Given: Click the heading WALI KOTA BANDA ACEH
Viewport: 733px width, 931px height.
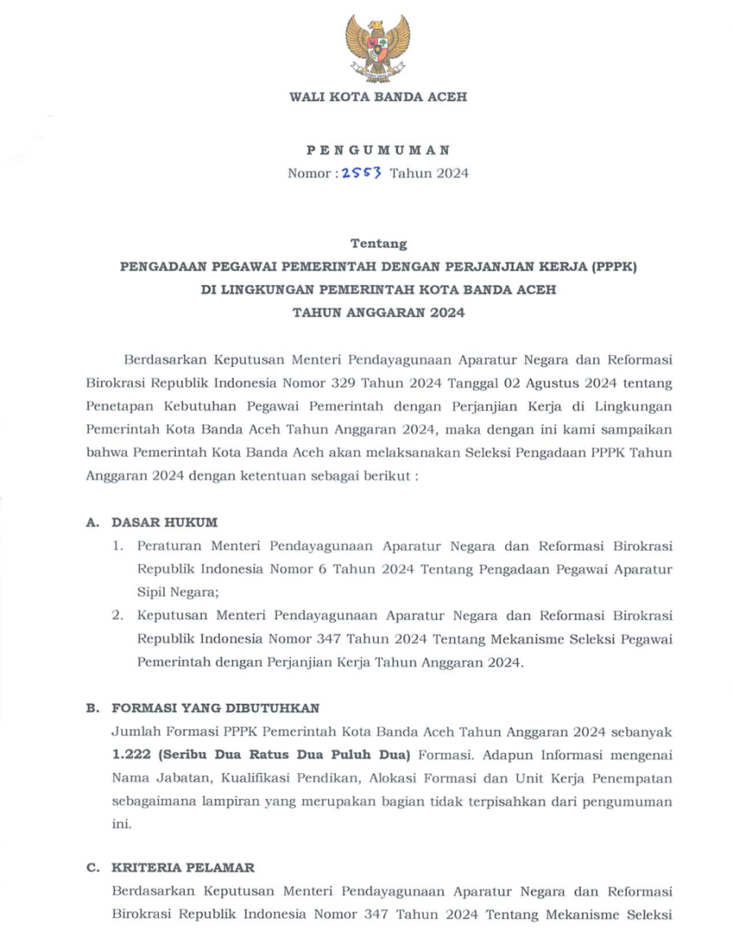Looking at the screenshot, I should pyautogui.click(x=378, y=97).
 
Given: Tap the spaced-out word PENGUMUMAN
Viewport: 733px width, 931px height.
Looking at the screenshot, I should pyautogui.click(x=378, y=151).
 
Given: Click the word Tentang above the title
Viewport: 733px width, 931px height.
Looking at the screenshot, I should pyautogui.click(x=378, y=243).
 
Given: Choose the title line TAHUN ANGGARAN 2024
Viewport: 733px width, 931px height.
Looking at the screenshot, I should pyautogui.click(x=378, y=313).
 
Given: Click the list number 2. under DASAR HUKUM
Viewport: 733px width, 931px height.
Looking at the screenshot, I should pyautogui.click(x=118, y=616).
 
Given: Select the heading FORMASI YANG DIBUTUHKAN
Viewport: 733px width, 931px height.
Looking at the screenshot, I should pyautogui.click(x=216, y=708).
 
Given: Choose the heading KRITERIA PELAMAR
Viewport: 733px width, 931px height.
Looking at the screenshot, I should pyautogui.click(x=183, y=868).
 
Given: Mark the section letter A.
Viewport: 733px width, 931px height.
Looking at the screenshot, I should pyautogui.click(x=92, y=522).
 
